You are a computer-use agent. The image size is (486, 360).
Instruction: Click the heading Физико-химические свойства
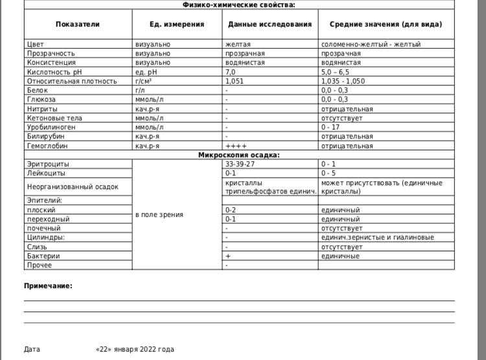239,5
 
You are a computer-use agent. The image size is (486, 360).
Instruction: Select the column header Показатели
78,24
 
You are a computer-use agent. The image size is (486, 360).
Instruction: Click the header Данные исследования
270,24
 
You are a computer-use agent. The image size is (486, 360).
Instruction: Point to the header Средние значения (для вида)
386,24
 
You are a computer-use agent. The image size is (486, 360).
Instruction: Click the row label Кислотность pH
55,72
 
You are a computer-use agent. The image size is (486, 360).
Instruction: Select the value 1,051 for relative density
235,81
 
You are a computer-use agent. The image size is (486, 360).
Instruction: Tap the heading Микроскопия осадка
239,155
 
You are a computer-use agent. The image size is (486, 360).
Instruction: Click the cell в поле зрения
159,214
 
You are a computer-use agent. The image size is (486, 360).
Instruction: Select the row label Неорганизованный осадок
73,187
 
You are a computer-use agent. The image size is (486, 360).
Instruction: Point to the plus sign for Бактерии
227,256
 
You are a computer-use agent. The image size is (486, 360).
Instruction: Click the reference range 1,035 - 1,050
343,81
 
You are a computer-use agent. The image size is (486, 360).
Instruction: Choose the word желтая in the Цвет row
238,44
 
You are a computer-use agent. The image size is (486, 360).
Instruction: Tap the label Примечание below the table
48,286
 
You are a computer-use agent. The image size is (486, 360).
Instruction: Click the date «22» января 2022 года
135,350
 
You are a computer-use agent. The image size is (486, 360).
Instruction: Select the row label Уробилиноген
52,128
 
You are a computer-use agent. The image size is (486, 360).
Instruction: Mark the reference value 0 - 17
330,128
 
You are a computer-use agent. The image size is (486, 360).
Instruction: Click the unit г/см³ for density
144,81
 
